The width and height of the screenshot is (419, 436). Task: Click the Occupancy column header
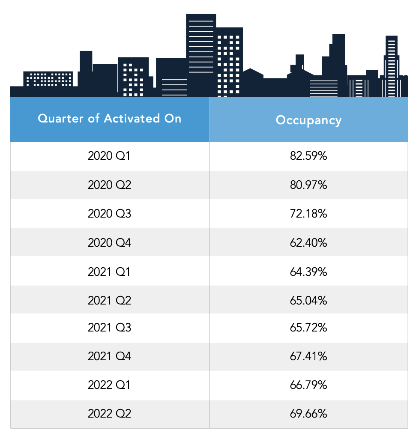click(308, 120)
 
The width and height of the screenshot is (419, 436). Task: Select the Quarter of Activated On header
click(110, 119)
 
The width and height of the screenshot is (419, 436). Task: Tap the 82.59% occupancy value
click(308, 156)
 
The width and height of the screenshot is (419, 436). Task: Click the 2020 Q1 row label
click(109, 156)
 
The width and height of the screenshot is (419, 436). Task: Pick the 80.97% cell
click(308, 185)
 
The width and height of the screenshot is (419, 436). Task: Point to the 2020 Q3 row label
click(109, 214)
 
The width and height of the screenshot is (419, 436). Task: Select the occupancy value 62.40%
click(308, 242)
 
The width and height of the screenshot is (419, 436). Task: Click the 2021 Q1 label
click(109, 271)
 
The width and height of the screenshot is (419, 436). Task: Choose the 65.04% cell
click(308, 300)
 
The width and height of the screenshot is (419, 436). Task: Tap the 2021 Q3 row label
click(109, 328)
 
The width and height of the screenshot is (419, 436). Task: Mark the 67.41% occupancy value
click(308, 357)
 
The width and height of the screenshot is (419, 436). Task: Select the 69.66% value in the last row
click(308, 414)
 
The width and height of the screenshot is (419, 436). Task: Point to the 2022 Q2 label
click(109, 414)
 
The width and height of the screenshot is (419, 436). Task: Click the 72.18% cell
click(308, 214)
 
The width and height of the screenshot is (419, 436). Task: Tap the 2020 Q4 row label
click(109, 242)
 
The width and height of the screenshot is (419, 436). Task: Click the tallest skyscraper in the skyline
click(201, 51)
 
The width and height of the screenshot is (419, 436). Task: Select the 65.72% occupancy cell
click(308, 328)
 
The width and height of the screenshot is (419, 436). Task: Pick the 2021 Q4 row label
click(109, 357)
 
